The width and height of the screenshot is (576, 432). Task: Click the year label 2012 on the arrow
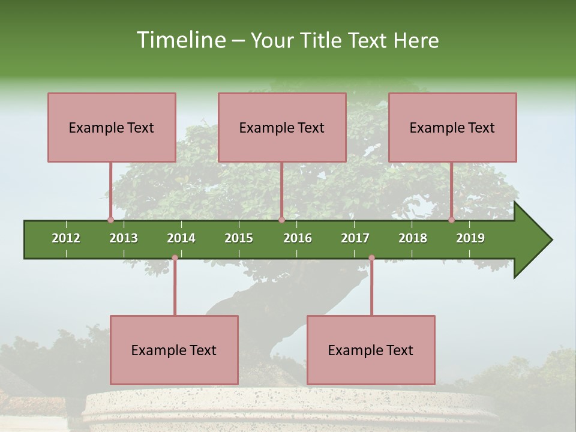[x=66, y=238]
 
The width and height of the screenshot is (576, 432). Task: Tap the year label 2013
[x=124, y=238]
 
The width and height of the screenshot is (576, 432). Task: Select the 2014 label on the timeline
[x=181, y=238]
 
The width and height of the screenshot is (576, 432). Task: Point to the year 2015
[x=239, y=238]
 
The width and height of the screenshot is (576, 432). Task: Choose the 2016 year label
[x=298, y=238]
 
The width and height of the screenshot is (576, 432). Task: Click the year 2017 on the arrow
[x=355, y=238]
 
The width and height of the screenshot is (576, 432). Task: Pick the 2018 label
[x=413, y=238]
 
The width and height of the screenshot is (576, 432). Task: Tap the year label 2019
[x=470, y=238]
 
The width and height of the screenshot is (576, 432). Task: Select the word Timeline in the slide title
[x=179, y=40]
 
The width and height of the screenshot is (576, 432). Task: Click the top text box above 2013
[x=112, y=127]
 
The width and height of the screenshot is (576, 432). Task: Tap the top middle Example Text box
[x=282, y=127]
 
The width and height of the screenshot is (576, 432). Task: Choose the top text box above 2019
[x=452, y=127]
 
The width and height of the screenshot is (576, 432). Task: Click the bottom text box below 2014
[x=174, y=350]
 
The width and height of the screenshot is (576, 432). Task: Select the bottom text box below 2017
[x=371, y=350]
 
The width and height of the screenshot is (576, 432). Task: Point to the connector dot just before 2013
[x=110, y=220]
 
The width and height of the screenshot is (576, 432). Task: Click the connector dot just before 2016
[x=281, y=220]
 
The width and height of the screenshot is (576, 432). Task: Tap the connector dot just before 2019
[x=451, y=220]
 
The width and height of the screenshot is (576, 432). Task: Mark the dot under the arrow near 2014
[x=175, y=258]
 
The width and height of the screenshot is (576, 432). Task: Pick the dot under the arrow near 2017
[x=371, y=258]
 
